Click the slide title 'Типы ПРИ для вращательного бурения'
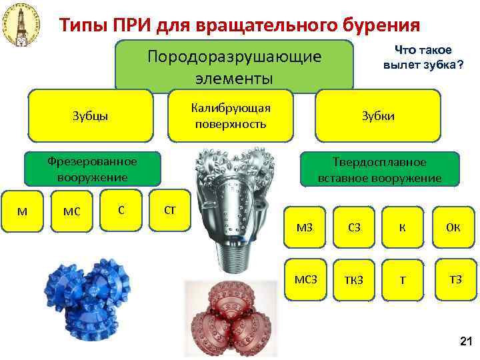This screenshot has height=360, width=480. [239, 25]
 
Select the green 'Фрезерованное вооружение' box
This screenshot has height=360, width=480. [87, 169]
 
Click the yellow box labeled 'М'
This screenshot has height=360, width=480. [22, 211]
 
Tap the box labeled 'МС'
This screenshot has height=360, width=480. [71, 211]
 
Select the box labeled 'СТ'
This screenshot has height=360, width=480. [169, 211]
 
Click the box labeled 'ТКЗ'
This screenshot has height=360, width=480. [353, 279]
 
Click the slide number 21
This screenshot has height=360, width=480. [465, 342]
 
